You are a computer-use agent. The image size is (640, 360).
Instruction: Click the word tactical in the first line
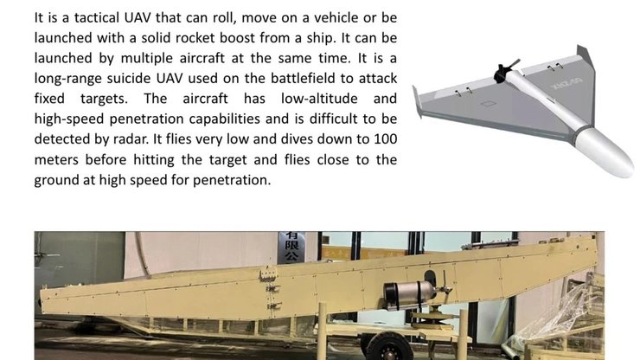(x=96, y=18)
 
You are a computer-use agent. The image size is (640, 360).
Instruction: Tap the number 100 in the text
(x=386, y=139)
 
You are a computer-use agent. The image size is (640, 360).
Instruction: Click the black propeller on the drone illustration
(x=504, y=71)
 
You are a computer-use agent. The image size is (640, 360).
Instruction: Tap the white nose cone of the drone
(x=605, y=152)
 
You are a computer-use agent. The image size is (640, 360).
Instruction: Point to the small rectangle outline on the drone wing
(x=488, y=104)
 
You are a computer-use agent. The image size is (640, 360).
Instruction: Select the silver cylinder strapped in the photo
(x=408, y=295)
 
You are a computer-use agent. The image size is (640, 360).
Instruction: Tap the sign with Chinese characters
(x=291, y=247)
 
